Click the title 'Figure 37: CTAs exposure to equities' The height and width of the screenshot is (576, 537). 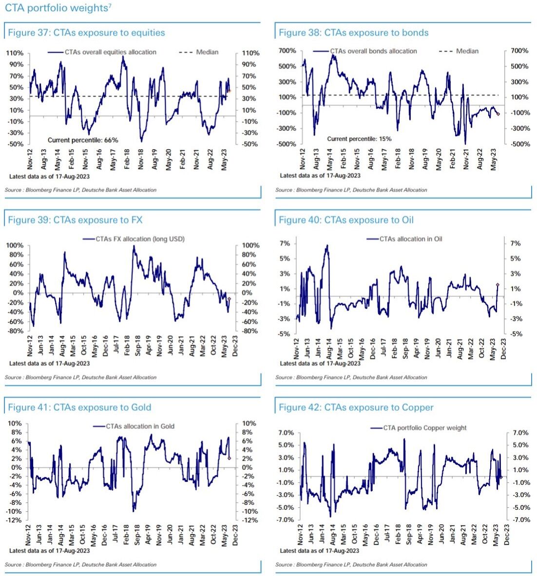coord(86,33)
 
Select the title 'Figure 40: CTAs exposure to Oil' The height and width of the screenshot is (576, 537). coord(346,220)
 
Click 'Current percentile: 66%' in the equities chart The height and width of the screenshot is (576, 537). coord(89,140)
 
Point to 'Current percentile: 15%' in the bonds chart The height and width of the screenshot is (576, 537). coord(359,139)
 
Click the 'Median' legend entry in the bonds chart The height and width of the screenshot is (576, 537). coord(467,51)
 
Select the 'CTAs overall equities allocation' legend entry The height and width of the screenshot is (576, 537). coord(111,52)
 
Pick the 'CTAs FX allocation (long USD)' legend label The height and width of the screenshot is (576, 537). coord(133,239)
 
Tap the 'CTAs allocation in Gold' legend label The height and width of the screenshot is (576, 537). coord(140,426)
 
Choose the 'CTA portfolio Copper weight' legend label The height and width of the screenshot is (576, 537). coord(425,428)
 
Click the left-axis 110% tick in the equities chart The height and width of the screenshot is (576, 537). coord(15,53)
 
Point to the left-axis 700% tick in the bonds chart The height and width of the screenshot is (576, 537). coord(287,51)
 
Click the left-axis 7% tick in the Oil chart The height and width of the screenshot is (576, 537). coord(285,243)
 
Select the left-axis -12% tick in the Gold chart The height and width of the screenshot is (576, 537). coord(14,520)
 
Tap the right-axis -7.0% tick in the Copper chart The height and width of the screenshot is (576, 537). coord(520,520)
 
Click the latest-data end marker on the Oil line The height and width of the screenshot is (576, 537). coord(498,285)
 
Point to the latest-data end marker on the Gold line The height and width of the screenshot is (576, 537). coord(229,458)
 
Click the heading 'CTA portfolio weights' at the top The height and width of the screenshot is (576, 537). coord(56,8)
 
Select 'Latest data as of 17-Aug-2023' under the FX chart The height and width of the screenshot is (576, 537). coord(49,363)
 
